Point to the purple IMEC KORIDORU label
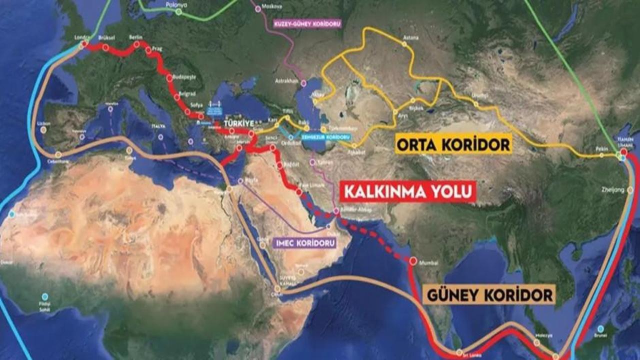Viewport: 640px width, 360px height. tap(304, 242)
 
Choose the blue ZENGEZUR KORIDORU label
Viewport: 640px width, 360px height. tap(325, 136)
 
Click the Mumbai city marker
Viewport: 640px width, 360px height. tap(413, 260)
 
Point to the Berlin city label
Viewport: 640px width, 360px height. tap(135, 37)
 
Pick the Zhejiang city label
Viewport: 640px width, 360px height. tap(615, 190)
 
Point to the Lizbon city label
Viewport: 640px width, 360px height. tap(43, 122)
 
